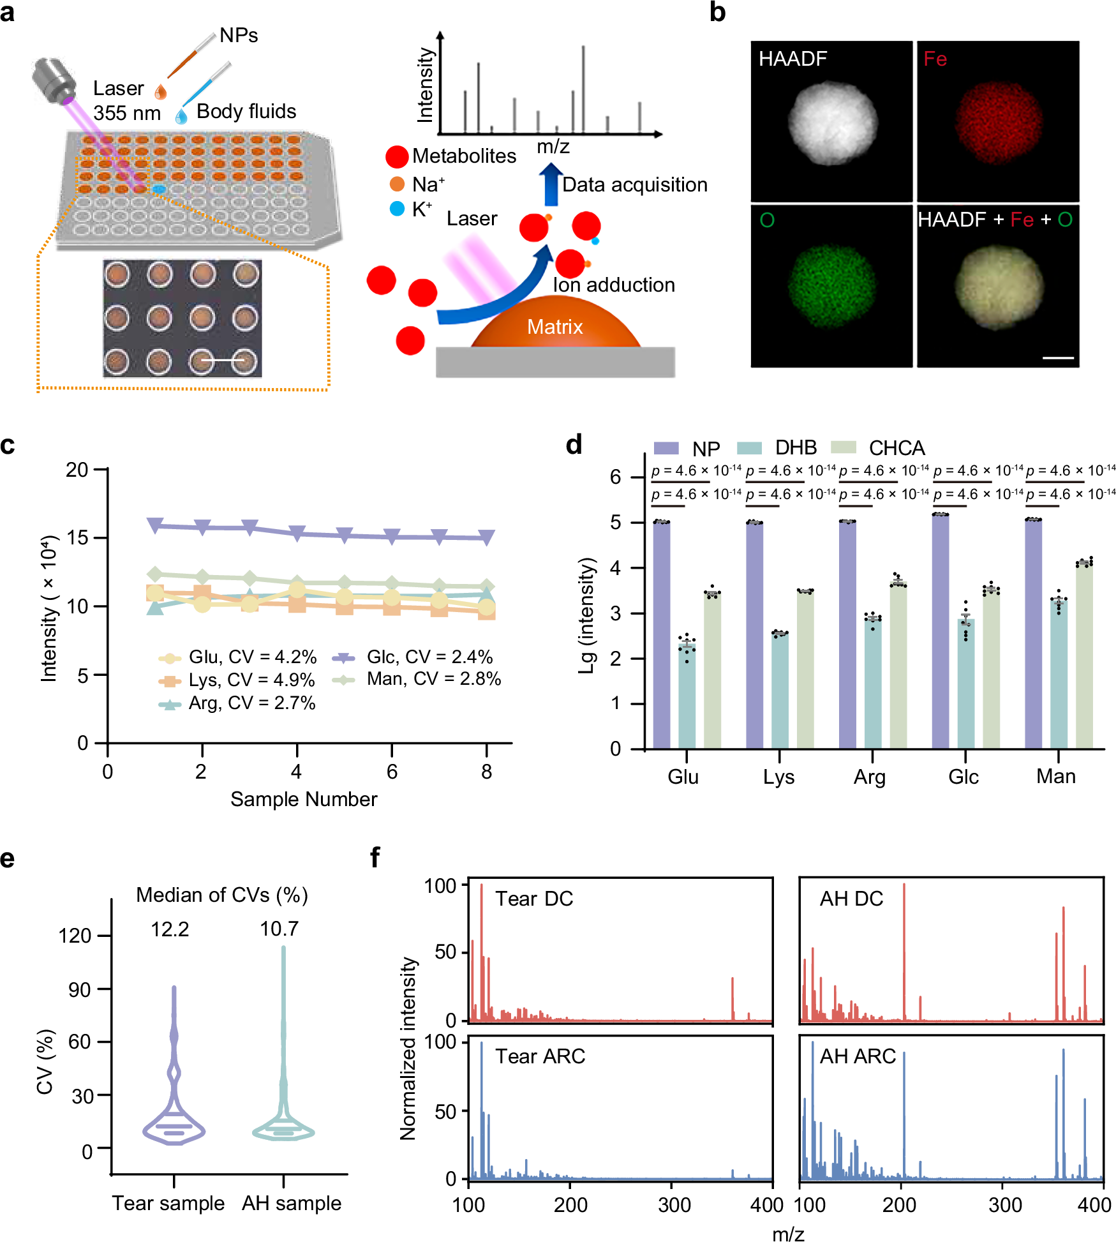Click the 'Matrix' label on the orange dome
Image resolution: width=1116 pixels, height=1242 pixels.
point(554,327)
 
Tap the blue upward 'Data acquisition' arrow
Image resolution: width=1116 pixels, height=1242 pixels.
point(550,185)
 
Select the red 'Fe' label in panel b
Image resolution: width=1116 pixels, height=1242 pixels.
point(935,59)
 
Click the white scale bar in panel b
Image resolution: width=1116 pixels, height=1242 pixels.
point(1058,358)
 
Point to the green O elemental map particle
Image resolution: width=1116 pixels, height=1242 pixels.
point(831,286)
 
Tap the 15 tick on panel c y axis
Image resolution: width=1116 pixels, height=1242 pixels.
point(77,537)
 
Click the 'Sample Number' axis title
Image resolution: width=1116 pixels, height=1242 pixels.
point(304,799)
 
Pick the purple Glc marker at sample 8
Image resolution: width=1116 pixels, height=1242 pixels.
point(487,537)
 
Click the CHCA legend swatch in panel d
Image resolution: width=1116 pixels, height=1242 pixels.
point(844,447)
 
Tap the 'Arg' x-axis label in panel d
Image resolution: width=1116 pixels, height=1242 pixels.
point(870,777)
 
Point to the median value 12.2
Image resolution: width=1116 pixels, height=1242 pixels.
point(170,929)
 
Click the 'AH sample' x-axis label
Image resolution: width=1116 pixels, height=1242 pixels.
point(292,1203)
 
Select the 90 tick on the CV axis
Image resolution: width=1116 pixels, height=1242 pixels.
point(80,990)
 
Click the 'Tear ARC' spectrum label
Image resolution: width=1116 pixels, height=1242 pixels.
point(540,1056)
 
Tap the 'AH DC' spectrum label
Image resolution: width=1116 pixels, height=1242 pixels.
point(851,899)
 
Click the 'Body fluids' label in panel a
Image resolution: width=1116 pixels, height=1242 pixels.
point(246,112)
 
